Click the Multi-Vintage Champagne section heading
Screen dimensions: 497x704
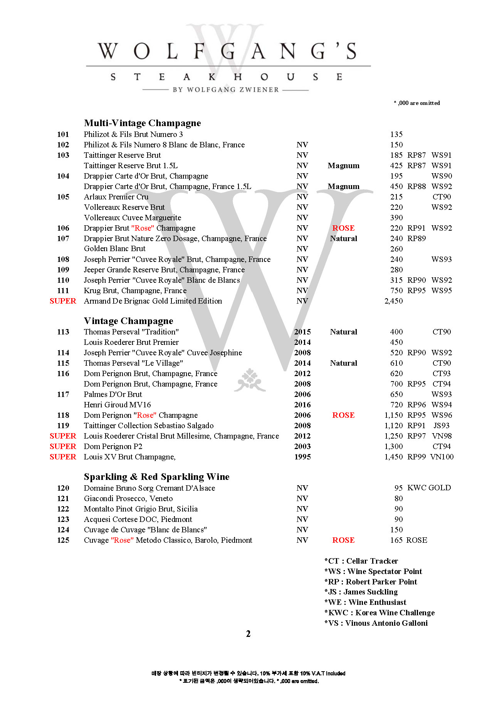(x=142, y=123)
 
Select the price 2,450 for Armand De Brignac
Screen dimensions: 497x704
(x=393, y=301)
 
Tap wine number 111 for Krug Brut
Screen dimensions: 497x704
(x=63, y=290)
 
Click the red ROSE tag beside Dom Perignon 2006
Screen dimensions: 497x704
(x=343, y=415)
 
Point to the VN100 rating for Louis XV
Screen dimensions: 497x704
(x=442, y=457)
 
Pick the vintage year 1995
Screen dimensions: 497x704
(x=302, y=457)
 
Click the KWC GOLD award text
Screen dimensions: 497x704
(x=429, y=488)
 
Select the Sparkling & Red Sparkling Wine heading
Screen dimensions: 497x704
(x=156, y=477)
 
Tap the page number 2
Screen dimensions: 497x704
(x=248, y=634)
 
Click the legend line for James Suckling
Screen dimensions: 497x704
(x=361, y=592)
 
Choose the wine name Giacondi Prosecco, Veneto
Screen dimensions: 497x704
(x=128, y=498)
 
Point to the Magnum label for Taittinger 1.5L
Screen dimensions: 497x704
(x=343, y=165)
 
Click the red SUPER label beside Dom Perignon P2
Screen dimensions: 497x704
(x=63, y=446)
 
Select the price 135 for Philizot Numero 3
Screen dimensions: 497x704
(x=396, y=134)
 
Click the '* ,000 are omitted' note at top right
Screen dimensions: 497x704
(x=416, y=103)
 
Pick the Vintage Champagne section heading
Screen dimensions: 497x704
(x=128, y=321)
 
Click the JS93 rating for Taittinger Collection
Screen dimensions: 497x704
(x=441, y=425)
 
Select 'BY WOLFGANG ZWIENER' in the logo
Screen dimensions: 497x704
(x=225, y=89)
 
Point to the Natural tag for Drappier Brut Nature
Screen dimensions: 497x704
(x=343, y=238)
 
